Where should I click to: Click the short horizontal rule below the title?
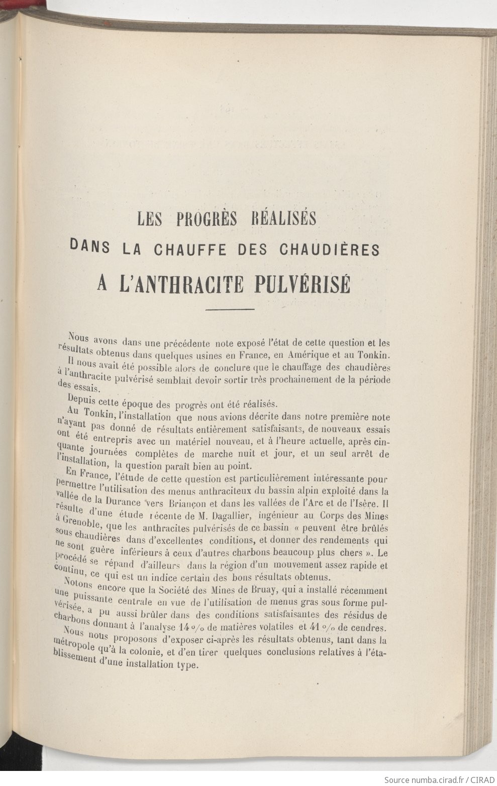(230, 309)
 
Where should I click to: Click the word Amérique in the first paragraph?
(322, 355)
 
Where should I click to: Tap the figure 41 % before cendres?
(329, 627)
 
